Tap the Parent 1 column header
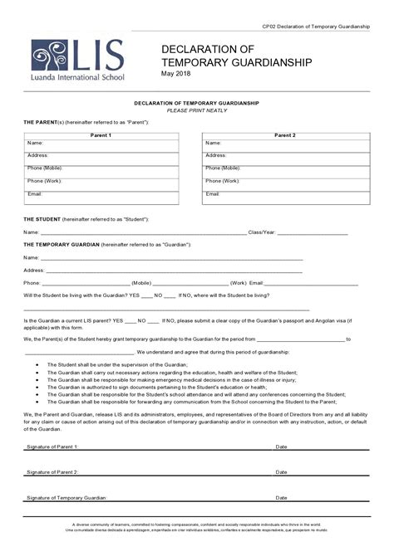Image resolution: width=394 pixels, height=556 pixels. coord(101,134)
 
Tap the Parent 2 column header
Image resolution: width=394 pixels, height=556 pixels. coord(285,134)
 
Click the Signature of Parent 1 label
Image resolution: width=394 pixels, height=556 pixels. coord(52,446)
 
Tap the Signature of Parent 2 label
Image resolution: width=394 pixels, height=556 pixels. coord(52,472)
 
